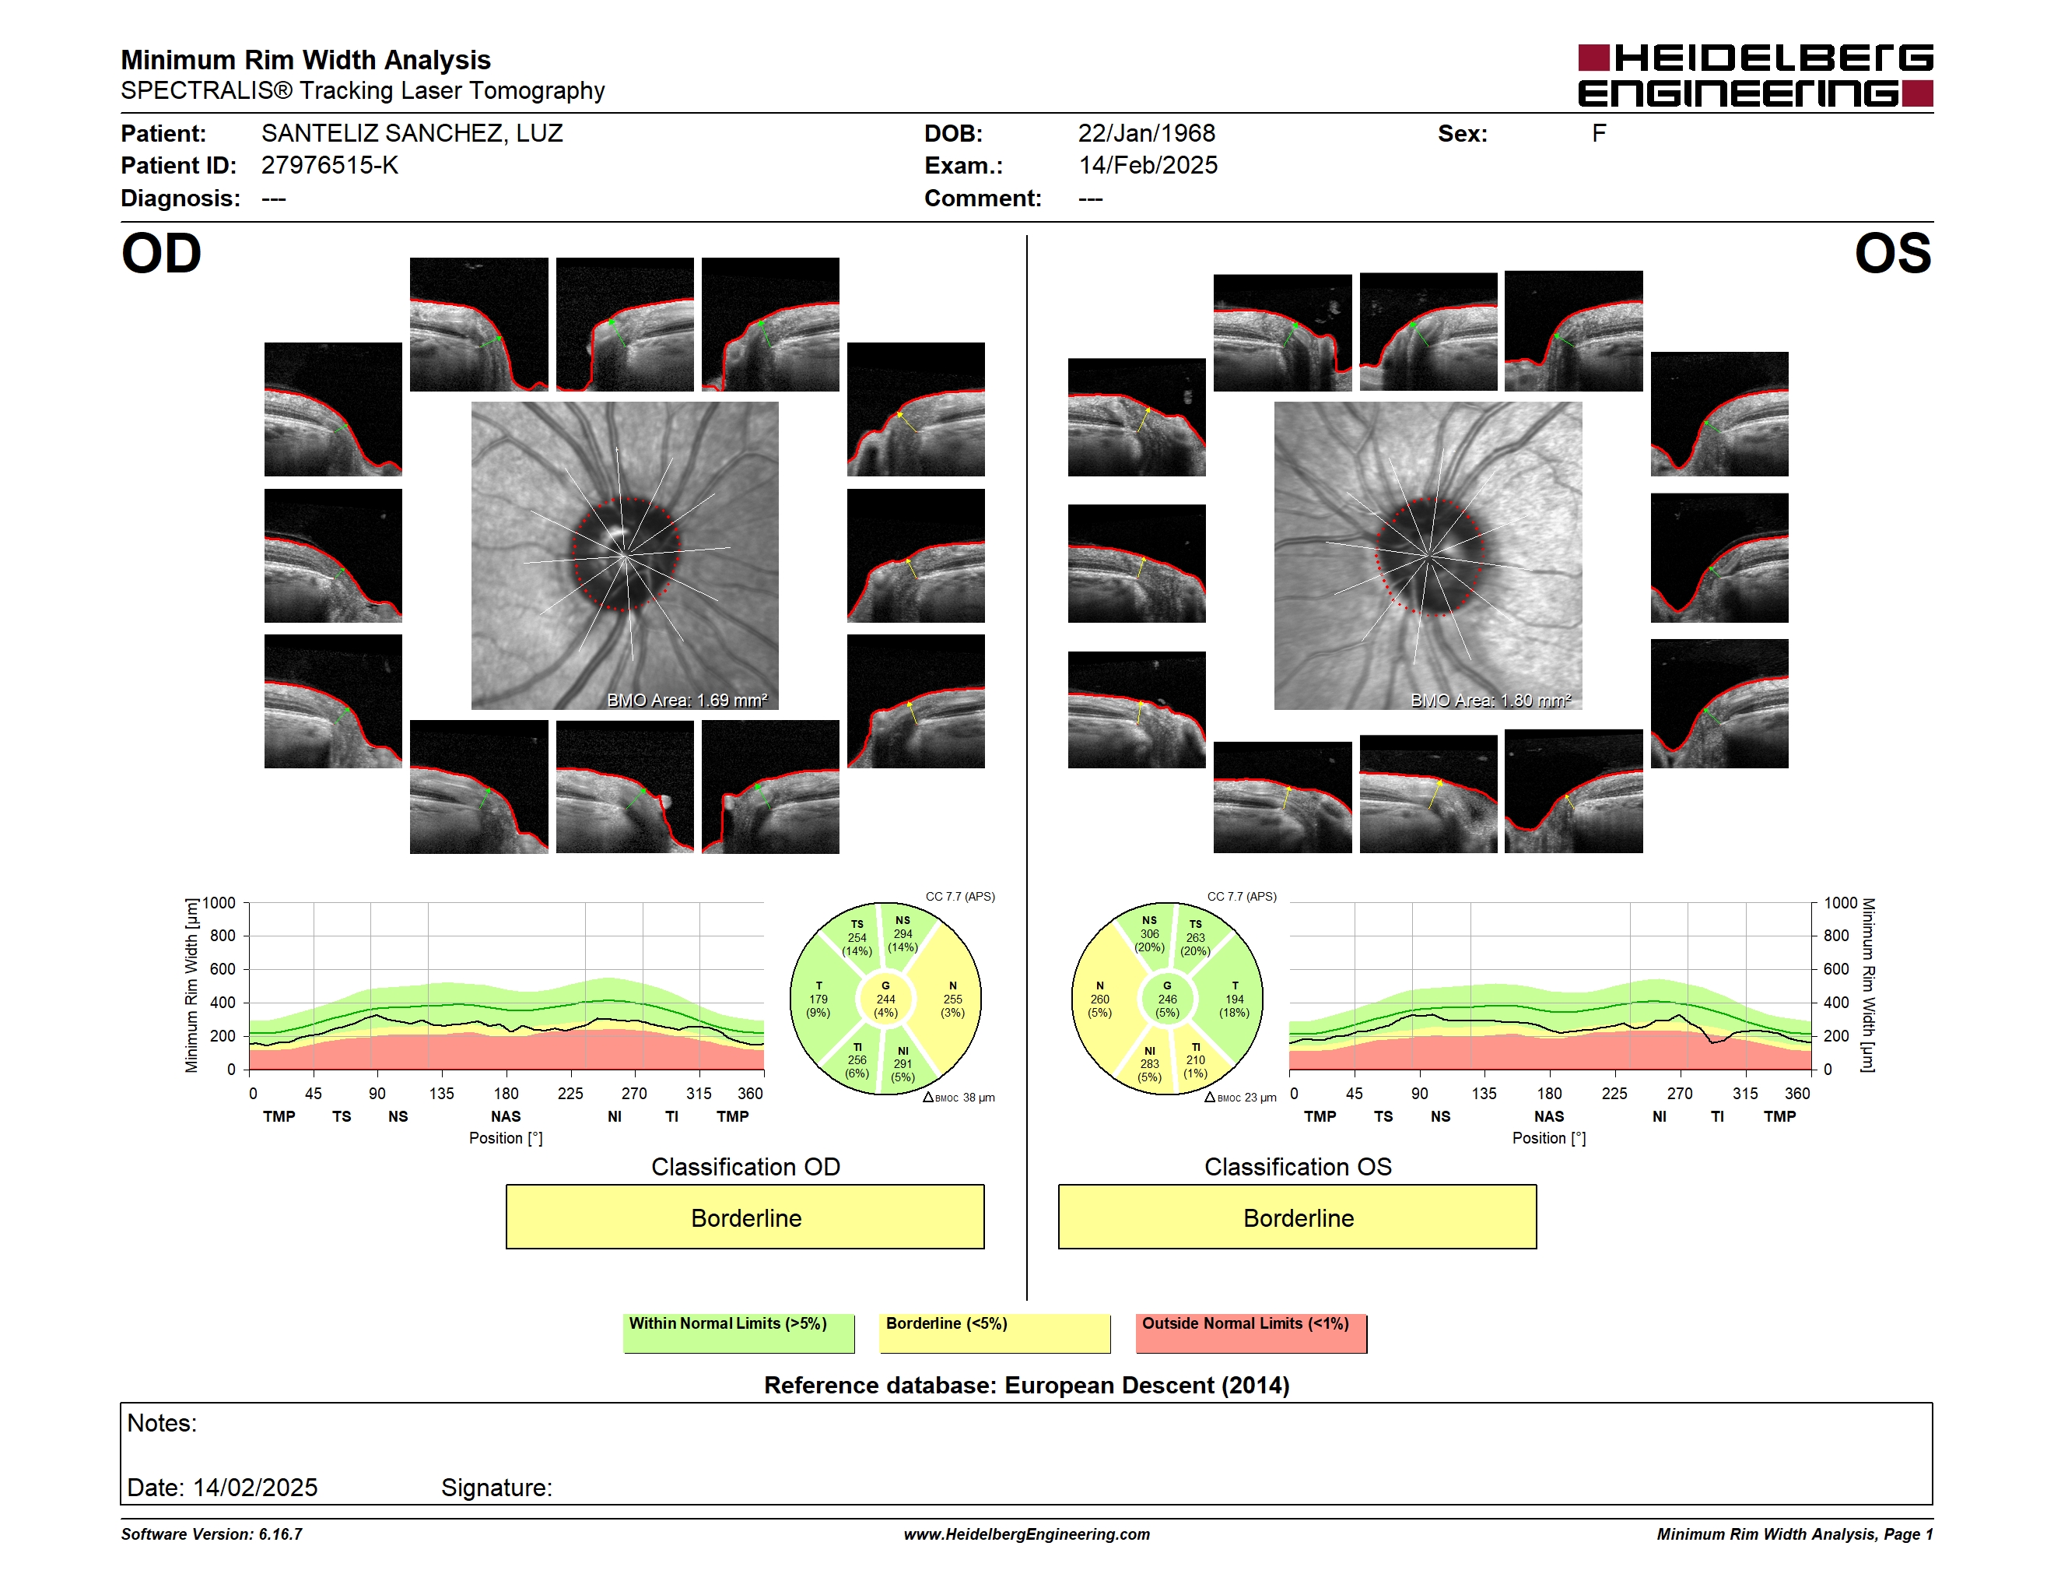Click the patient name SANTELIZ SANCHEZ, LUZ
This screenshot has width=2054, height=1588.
point(412,134)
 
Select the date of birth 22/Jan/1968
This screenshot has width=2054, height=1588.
point(1147,134)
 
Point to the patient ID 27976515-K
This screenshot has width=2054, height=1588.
point(329,166)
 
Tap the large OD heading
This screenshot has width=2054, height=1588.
point(162,254)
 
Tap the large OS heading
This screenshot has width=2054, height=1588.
point(1892,254)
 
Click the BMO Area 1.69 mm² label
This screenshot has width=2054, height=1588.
point(686,700)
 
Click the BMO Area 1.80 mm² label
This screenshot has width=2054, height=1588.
point(1491,700)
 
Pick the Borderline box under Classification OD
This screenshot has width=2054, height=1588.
point(745,1217)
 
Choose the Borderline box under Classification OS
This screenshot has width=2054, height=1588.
point(1297,1217)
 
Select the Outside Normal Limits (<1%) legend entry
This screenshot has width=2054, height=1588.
point(1251,1333)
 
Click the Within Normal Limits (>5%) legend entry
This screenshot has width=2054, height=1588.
point(738,1333)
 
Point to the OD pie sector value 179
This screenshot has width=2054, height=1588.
point(818,999)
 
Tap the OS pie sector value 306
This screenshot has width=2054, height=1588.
point(1149,934)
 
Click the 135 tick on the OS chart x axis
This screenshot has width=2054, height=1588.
point(1484,1093)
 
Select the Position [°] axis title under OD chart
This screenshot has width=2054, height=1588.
point(506,1138)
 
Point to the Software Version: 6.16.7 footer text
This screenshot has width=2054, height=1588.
point(212,1534)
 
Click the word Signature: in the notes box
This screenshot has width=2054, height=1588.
point(496,1488)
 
